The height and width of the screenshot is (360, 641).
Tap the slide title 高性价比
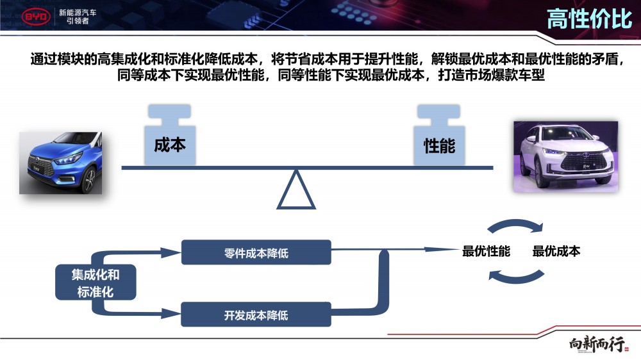click(589, 19)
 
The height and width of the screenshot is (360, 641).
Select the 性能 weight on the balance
click(439, 137)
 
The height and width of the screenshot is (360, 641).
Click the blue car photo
click(62, 162)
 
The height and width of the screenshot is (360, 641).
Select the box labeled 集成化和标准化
click(96, 283)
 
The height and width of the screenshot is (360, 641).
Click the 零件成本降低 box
click(256, 253)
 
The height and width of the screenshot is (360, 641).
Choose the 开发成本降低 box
click(256, 315)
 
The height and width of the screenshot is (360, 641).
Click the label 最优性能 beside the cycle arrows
click(487, 252)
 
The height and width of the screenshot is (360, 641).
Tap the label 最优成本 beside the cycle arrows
click(556, 252)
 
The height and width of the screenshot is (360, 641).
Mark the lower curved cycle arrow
click(517, 276)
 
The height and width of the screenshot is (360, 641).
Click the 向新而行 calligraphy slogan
click(597, 345)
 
